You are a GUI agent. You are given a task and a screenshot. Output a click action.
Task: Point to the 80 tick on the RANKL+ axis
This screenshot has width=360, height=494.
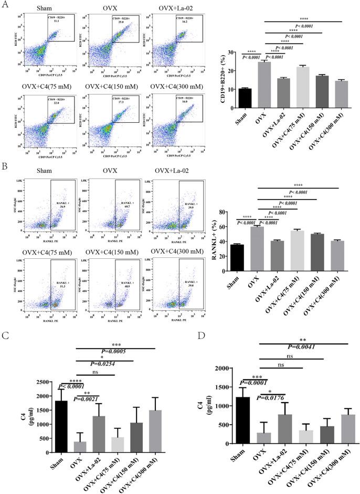tap(227, 212)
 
